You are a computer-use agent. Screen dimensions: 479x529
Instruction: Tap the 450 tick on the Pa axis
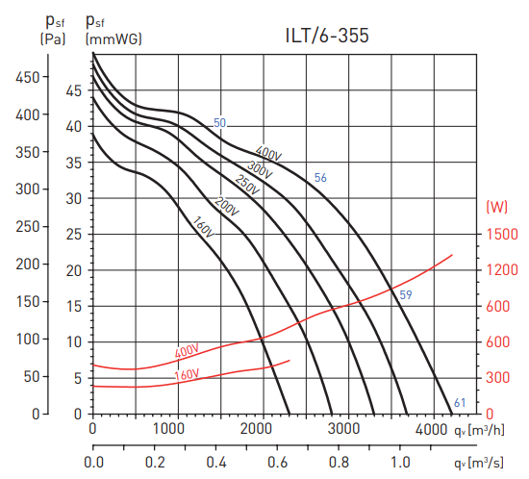30,76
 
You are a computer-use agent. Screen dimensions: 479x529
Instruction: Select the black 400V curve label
267,154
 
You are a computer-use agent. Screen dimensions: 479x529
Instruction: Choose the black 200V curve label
227,207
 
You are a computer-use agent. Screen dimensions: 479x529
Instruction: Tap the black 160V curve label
202,228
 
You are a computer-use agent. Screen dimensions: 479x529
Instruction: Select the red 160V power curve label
187,373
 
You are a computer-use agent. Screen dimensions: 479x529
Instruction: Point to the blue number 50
219,123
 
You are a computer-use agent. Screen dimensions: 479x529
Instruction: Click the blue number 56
320,178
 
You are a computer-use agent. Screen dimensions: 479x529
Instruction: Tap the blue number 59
406,294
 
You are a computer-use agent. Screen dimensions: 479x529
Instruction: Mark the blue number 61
460,402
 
